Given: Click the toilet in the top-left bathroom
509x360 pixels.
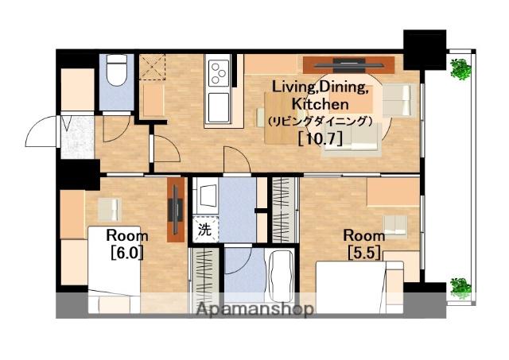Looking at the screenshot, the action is point(117,70).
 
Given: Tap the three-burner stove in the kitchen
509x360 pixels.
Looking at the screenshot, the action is point(219,73).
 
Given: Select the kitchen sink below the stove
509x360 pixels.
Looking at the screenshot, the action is point(219,107).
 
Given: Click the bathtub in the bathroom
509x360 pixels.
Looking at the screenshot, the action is point(281,276).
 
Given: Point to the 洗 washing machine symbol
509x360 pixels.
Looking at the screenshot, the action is point(205,230).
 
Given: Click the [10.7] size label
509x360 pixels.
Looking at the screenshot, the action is point(320,139).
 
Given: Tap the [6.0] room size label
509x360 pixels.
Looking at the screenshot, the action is point(127,253).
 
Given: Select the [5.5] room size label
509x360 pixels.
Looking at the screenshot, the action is point(364,253).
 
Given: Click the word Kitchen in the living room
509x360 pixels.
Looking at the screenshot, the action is point(320,104).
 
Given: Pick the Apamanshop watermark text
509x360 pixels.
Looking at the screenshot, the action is point(255,309).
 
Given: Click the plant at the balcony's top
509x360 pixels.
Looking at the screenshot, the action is point(461,69).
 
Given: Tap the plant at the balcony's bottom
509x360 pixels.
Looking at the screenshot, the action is point(461,288).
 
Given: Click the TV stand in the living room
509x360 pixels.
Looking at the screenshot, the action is point(349,65).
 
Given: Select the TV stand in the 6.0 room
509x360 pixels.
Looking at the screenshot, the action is point(176,210).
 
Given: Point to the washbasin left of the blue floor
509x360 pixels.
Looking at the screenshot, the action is point(206,195).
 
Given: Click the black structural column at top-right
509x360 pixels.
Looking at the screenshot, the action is point(425,49).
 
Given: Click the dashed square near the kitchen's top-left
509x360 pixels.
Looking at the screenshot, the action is point(152,67).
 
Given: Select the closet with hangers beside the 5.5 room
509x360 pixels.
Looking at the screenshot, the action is point(285,210).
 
